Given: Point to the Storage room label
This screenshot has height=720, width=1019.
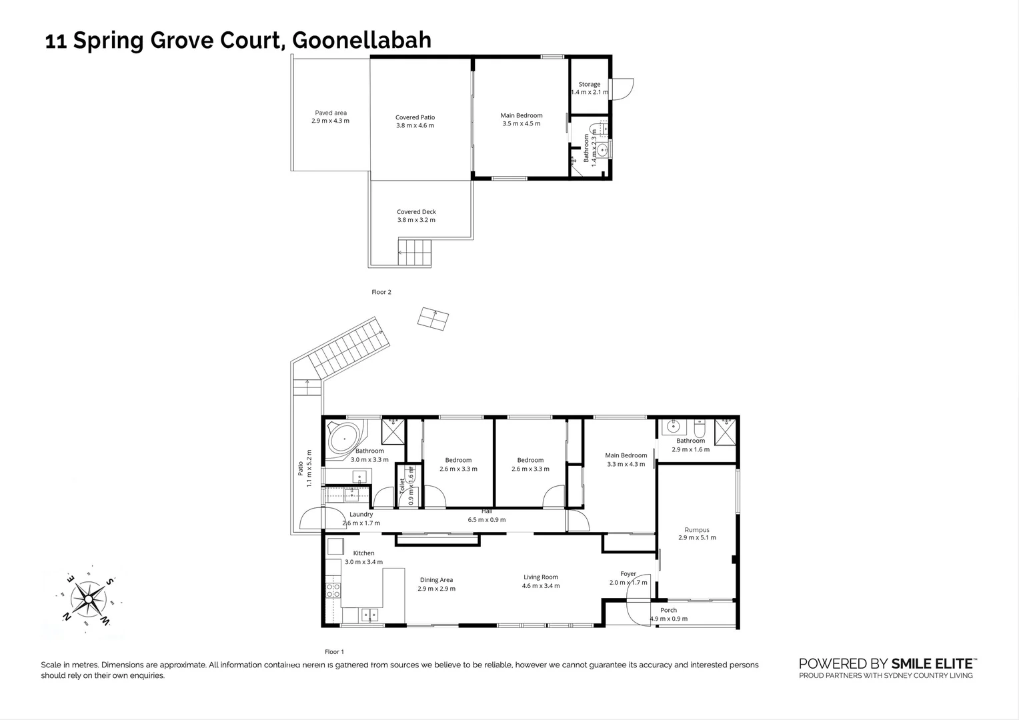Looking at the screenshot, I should point(589,85).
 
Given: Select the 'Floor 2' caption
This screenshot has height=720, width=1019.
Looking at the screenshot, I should point(381,292).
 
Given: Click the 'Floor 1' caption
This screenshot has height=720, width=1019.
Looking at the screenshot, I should point(333,652).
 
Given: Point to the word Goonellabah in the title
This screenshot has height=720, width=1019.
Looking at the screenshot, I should point(362,41).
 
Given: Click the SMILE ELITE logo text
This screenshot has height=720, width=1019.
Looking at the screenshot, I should point(933,663).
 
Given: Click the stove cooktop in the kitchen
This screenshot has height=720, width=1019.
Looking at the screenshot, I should point(332,590).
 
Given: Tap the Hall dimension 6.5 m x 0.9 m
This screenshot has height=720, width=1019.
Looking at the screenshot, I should point(486,520).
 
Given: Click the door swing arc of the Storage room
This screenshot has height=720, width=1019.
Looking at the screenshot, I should point(624,89).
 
